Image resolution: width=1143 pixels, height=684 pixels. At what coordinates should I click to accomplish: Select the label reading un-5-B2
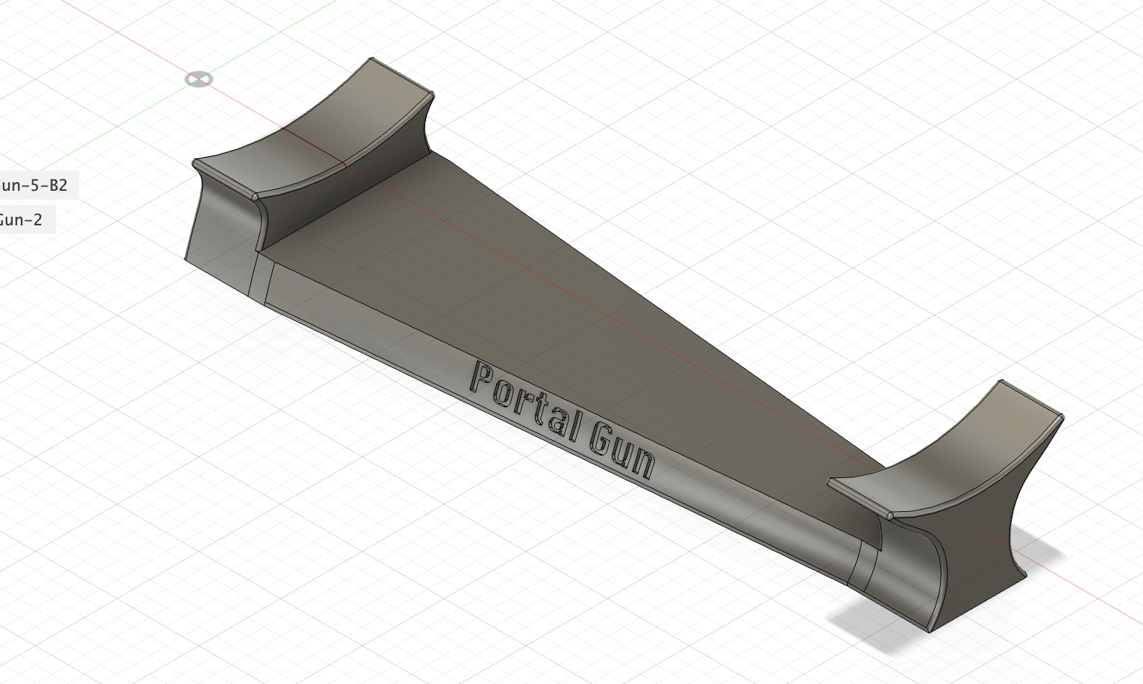tap(34, 185)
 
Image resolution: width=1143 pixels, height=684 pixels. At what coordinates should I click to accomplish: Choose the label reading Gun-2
tap(21, 220)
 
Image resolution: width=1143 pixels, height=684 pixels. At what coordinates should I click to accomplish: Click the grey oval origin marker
tap(199, 78)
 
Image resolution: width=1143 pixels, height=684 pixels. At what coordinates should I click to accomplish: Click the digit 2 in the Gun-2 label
tap(37, 220)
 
